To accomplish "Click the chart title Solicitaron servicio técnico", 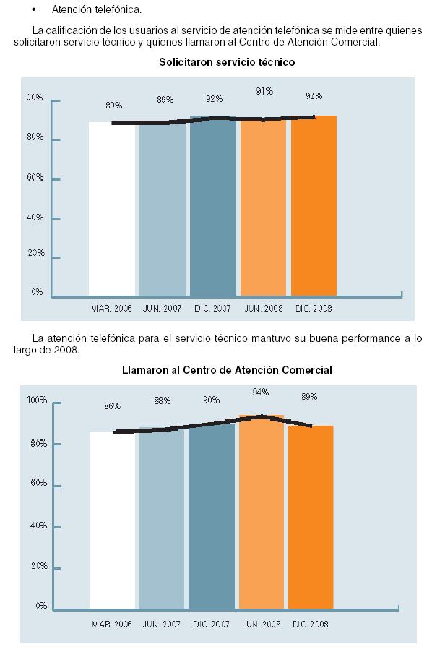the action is [227, 62].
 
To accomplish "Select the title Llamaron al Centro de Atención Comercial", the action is [227, 370].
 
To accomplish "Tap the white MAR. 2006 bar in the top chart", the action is [112, 209].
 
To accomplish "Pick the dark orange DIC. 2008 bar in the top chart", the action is [314, 206].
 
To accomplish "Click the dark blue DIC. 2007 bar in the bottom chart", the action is [212, 516].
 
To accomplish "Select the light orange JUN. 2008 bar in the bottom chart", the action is [262, 512].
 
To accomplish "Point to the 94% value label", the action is [261, 392].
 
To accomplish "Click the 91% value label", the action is [264, 91].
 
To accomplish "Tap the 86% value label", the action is [112, 406].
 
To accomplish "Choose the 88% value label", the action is [163, 400].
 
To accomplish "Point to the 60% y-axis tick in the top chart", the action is [35, 178].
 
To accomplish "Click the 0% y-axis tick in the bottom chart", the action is [40, 606].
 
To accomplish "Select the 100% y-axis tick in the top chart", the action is [33, 98].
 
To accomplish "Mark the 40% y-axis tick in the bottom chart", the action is [38, 526].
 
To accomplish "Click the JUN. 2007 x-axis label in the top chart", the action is [162, 309].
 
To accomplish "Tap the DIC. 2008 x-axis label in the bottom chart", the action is [311, 624].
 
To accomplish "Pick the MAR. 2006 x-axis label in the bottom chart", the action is [112, 624].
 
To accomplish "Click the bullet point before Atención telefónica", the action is [33, 9].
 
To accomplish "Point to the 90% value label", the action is [212, 400].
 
